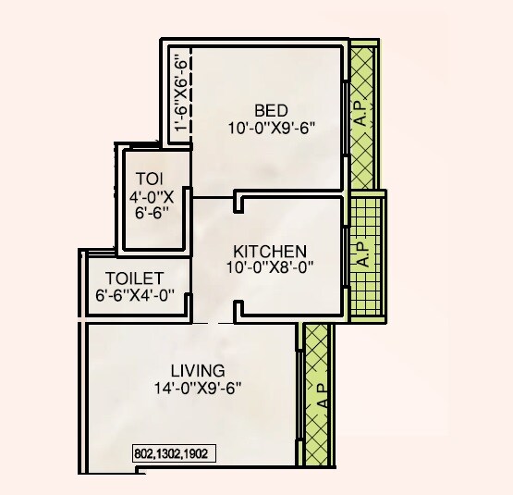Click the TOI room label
tap(150, 179)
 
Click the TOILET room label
tap(135, 278)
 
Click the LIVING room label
tap(190, 371)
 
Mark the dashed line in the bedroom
tap(190, 93)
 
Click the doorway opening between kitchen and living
tap(214, 320)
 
